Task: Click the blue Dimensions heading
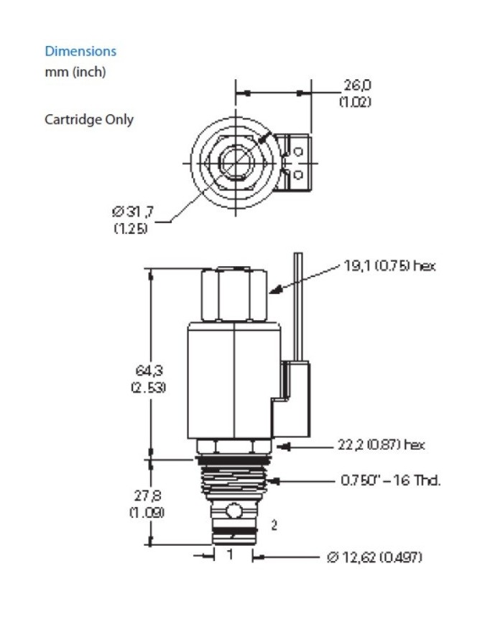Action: [80, 51]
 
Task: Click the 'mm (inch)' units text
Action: [75, 72]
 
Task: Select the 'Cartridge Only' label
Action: [88, 119]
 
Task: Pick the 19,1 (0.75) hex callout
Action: [389, 265]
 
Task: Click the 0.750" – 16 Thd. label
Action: [390, 480]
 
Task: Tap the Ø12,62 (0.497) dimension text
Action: [374, 557]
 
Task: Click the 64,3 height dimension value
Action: [148, 371]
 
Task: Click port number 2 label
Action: [274, 525]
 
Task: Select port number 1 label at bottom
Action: [230, 555]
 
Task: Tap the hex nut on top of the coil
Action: [235, 295]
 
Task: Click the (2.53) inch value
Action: [148, 387]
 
